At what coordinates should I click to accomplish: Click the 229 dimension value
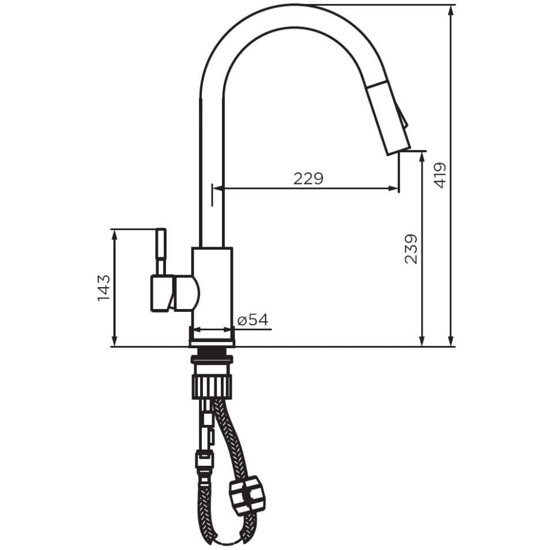(x=308, y=179)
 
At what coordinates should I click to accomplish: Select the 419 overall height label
(x=440, y=175)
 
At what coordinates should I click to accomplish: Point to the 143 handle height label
(x=103, y=288)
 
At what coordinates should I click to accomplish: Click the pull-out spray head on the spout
(x=389, y=117)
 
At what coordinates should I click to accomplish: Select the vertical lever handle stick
(x=161, y=251)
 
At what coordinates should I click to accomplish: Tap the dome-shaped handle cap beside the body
(x=187, y=293)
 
